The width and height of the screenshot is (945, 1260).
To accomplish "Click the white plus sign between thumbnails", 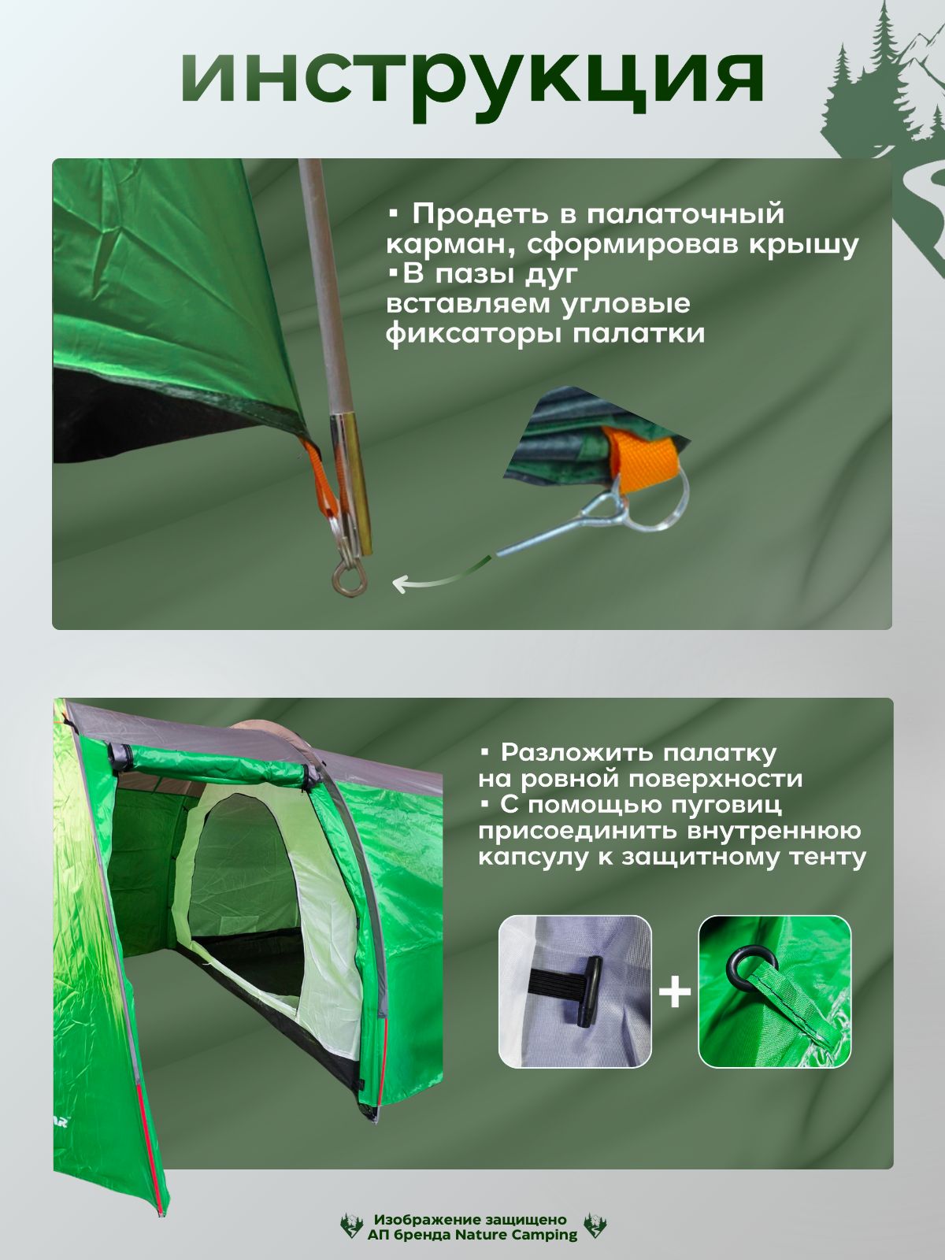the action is [675, 991].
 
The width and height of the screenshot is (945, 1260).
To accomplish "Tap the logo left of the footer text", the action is [352, 1225].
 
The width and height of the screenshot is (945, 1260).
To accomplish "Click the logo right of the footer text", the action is [595, 1225].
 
